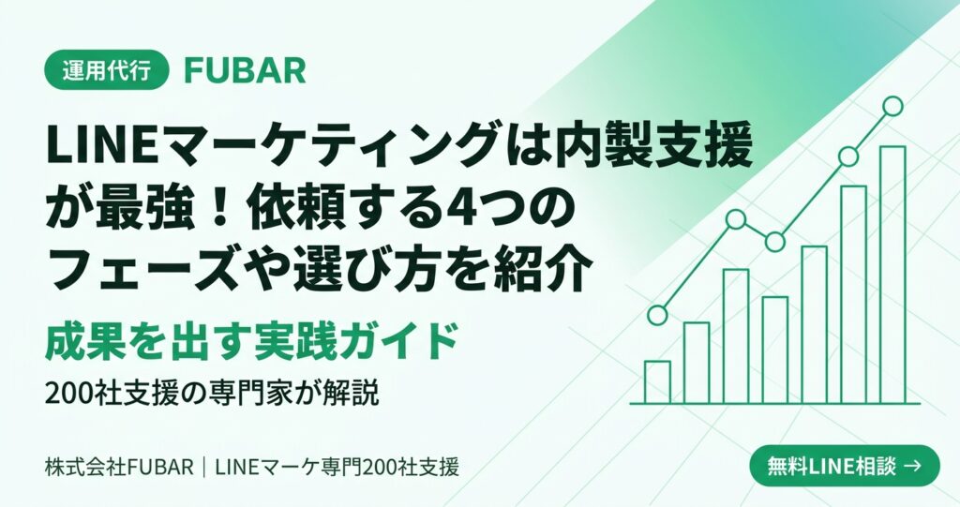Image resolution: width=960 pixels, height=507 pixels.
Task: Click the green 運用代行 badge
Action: (x=107, y=69)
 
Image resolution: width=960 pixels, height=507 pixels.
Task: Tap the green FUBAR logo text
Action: (x=245, y=70)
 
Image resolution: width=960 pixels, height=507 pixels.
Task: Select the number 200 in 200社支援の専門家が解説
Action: (x=69, y=393)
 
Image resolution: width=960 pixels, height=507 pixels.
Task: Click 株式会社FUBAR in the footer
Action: (x=119, y=468)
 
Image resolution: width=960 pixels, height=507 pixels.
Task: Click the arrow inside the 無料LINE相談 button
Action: (x=912, y=466)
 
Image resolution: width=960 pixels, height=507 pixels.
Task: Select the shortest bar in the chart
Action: (x=657, y=382)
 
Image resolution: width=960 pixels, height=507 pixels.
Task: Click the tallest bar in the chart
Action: (x=892, y=275)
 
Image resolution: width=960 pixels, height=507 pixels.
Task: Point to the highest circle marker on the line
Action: (x=892, y=106)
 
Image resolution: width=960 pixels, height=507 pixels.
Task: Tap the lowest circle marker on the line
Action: (x=657, y=315)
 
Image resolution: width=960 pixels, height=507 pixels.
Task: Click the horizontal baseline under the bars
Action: (x=775, y=404)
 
